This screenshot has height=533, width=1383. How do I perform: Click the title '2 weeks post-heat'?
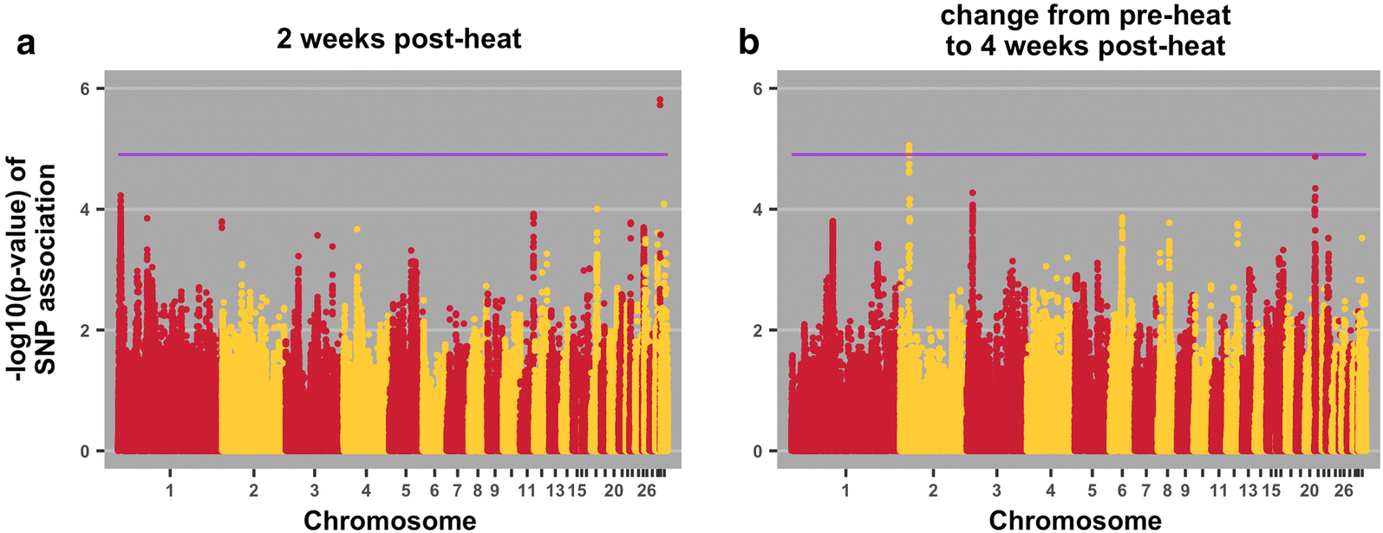[399, 39]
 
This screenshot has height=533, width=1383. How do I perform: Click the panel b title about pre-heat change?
[1086, 30]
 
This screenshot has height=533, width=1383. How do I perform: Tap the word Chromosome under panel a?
[389, 520]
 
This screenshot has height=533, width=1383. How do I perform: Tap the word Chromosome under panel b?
[1075, 520]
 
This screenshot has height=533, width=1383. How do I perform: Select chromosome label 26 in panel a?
[646, 491]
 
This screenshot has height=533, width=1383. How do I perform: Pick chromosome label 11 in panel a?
[526, 491]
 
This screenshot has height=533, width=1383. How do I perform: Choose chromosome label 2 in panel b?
[933, 491]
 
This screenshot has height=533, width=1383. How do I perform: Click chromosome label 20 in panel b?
[1309, 491]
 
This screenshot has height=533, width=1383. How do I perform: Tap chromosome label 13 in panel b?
[1248, 491]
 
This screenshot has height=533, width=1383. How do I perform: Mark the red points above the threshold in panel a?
[660, 102]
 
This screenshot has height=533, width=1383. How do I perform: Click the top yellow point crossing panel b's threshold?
[909, 146]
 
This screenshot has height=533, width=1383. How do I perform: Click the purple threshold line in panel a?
[390, 154]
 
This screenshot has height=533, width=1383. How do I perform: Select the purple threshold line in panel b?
[1075, 154]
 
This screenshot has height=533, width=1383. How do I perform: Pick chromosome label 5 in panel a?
[406, 491]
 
